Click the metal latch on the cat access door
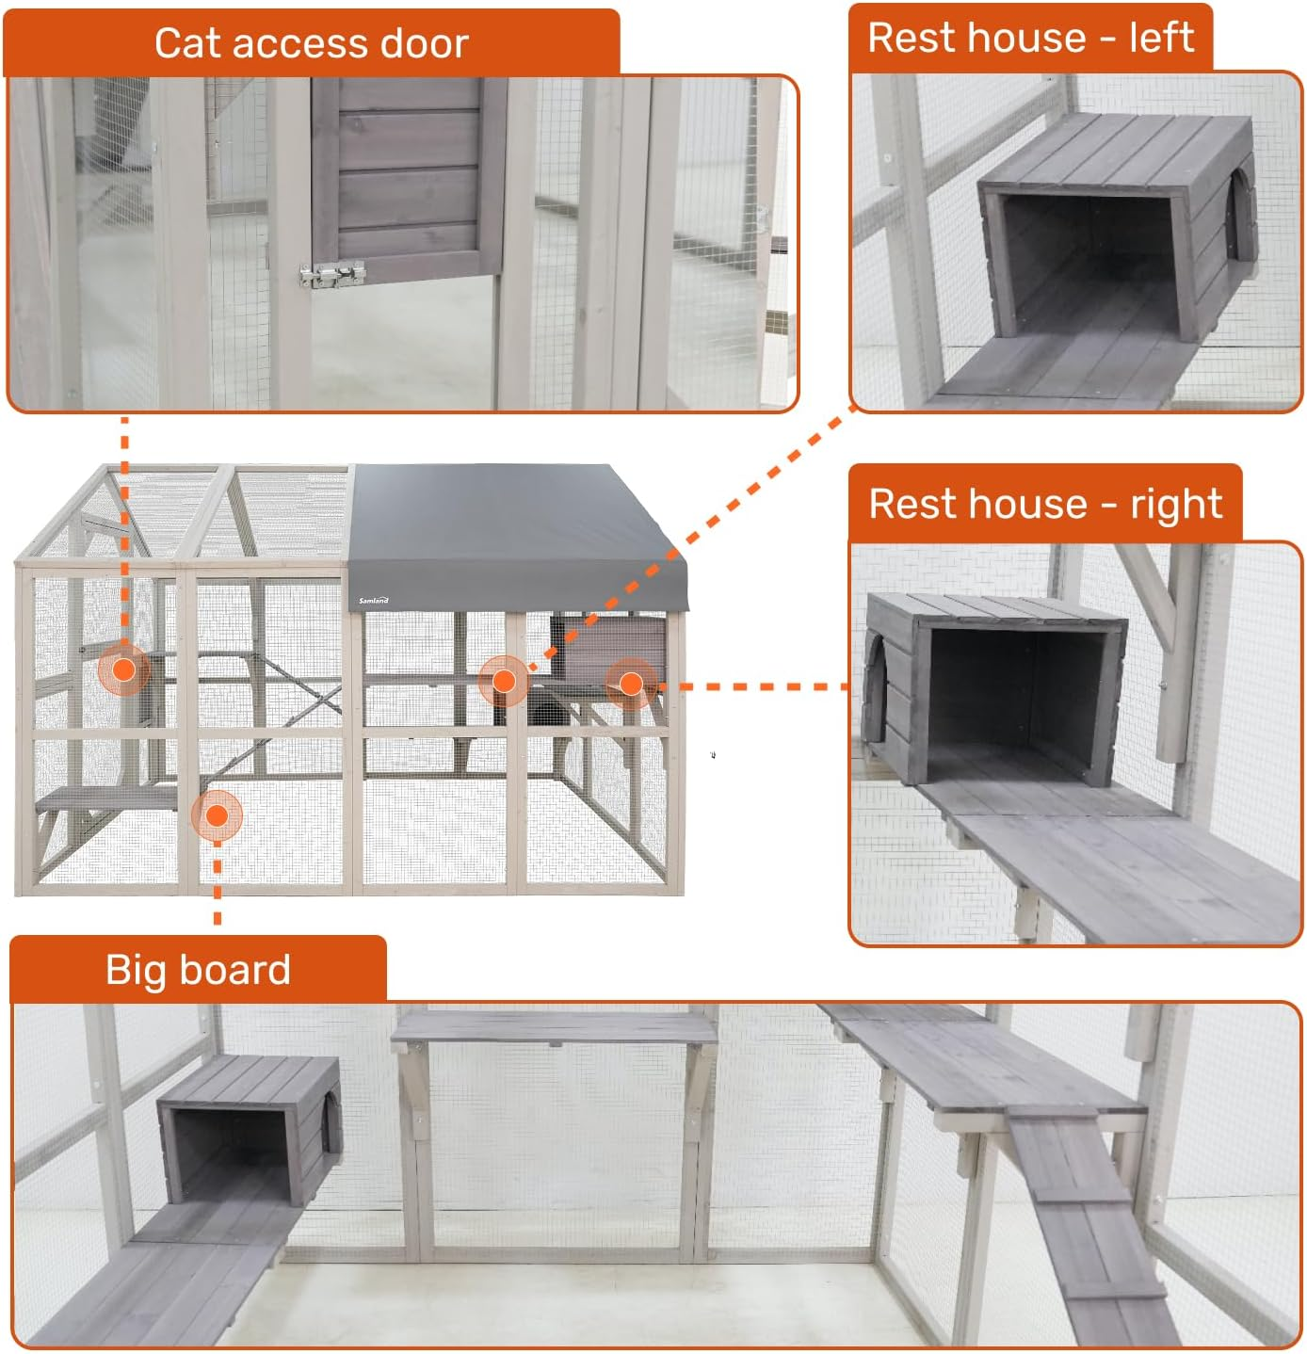[331, 275]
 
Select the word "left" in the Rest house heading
[1161, 38]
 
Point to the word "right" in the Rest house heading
[1176, 504]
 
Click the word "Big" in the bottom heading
[137, 970]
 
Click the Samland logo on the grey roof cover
[373, 600]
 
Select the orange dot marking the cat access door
[123, 670]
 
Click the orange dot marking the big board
[217, 815]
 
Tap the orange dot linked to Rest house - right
[631, 683]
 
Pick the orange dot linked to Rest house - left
[504, 681]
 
